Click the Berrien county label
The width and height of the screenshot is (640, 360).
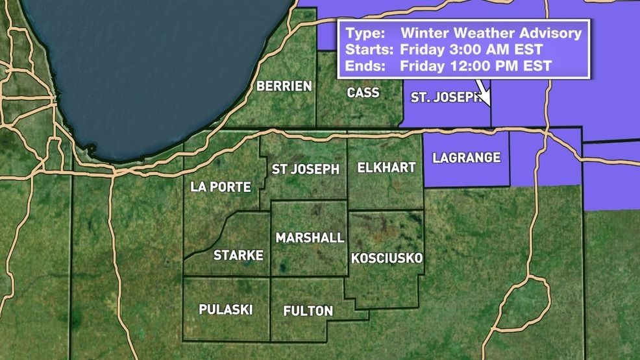click(284, 86)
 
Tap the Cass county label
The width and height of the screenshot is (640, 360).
click(363, 93)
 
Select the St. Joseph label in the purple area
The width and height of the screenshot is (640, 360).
click(447, 98)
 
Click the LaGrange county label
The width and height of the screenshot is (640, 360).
click(466, 158)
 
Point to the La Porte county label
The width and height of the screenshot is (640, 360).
click(221, 187)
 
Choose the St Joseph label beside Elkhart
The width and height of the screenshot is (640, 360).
click(305, 169)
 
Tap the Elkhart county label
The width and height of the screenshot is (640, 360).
click(386, 168)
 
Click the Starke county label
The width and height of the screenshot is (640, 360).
click(238, 256)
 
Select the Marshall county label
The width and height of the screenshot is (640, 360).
click(310, 238)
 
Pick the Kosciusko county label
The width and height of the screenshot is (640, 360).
click(387, 258)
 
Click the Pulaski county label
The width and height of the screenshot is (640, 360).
click(226, 309)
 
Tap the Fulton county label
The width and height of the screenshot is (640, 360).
click(308, 311)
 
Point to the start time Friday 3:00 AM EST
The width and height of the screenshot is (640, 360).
click(471, 49)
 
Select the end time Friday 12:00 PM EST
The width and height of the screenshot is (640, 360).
click(475, 66)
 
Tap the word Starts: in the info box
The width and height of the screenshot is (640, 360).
click(369, 49)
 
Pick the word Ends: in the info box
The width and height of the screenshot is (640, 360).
click(364, 66)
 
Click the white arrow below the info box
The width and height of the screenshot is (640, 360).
click(483, 94)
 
